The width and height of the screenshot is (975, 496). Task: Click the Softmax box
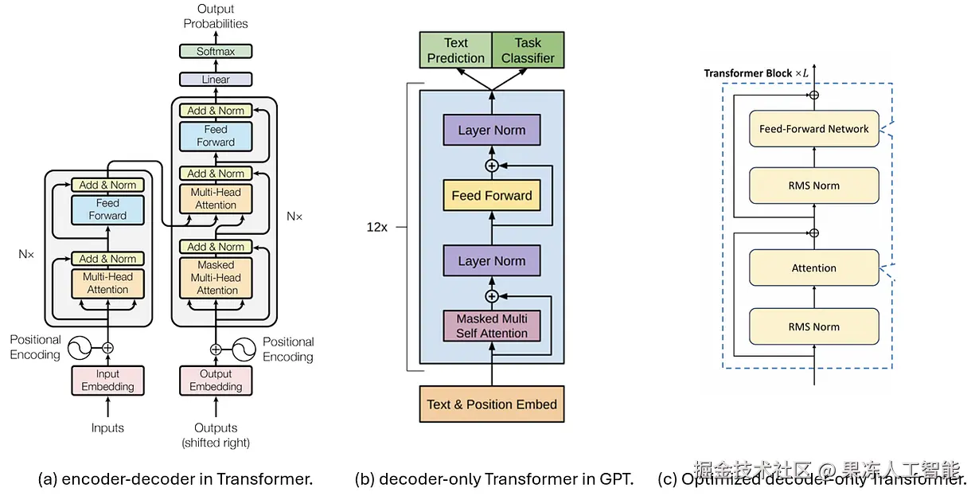[x=216, y=51]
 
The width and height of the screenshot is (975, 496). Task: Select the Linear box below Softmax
[x=216, y=80]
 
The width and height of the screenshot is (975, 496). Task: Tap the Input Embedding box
[x=107, y=381]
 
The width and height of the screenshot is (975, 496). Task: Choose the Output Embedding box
[x=216, y=381]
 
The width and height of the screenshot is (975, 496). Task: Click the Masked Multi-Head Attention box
[x=216, y=278]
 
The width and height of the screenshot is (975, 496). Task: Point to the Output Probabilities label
[x=216, y=16]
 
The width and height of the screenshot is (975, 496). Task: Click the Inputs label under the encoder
[x=107, y=428]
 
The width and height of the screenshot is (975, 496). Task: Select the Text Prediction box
[x=455, y=50]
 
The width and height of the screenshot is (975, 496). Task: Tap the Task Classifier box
[x=528, y=50]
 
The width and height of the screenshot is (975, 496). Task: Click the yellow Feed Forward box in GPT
[x=492, y=195]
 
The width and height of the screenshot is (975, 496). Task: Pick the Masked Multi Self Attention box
[x=492, y=326]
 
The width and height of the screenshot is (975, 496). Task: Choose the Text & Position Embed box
[x=492, y=404]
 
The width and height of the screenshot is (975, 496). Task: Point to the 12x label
[x=377, y=227]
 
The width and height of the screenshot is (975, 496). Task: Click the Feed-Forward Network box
[x=814, y=129]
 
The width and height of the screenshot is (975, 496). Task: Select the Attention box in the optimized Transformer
[x=814, y=268]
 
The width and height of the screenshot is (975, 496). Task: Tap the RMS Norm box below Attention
[x=814, y=326]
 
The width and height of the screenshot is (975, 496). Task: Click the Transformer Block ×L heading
[x=755, y=73]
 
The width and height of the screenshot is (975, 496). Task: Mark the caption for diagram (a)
[x=175, y=479]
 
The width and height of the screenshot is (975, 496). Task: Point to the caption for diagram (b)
[x=494, y=479]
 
